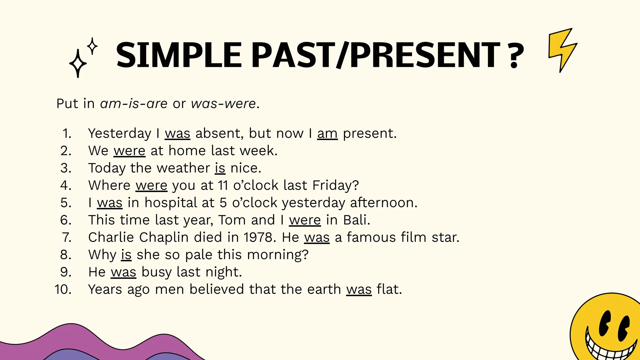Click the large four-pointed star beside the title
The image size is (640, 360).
coord(78,63)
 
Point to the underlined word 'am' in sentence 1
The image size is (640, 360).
coord(327,133)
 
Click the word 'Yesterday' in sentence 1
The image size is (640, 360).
coord(120,133)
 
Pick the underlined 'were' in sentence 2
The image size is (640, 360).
coord(129,151)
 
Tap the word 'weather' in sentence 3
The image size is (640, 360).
coord(183,168)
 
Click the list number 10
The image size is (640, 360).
coord(63,289)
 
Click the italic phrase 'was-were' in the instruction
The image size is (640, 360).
coord(223,103)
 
